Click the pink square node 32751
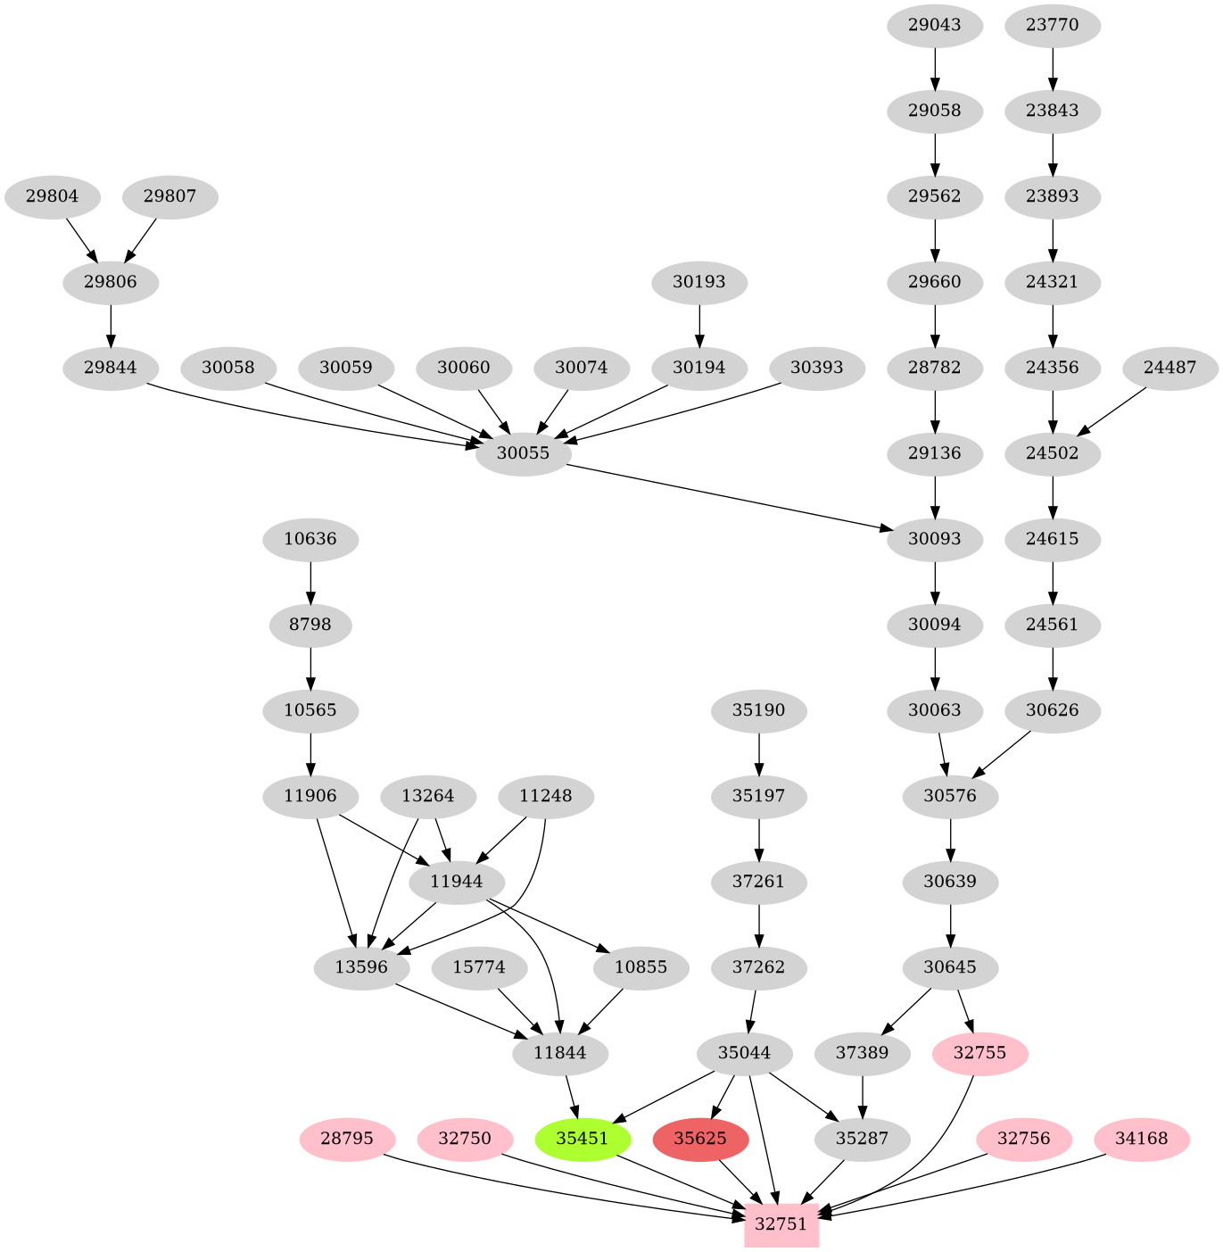[781, 1223]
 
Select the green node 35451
[583, 1139]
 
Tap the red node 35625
[700, 1139]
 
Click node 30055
[523, 453]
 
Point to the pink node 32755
[979, 1053]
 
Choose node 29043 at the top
[935, 25]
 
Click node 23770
[1053, 25]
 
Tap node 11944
[456, 882]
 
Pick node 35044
[745, 1053]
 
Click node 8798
[310, 625]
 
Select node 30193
[699, 282]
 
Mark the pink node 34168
[1142, 1139]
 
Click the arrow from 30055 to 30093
[731, 498]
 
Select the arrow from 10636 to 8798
[310, 582]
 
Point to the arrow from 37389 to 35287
[863, 1096]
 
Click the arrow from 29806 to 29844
[111, 325]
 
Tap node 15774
[479, 967]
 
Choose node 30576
[951, 796]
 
